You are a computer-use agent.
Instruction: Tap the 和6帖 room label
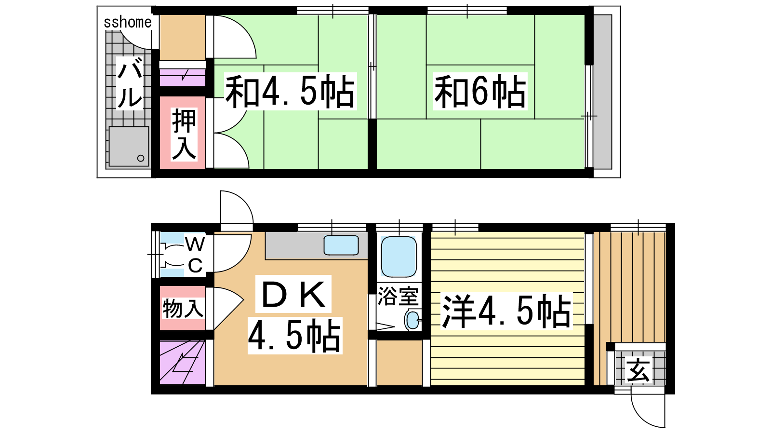480,91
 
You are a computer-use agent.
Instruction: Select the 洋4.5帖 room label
506,311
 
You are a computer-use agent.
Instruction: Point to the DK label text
293,294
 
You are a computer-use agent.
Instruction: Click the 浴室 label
398,296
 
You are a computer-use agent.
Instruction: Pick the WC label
195,255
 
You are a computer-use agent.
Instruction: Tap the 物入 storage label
183,308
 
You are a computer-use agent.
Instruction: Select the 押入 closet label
184,134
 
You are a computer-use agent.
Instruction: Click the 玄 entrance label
639,370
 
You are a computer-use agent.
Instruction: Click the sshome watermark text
128,22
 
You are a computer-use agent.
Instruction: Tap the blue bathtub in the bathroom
399,257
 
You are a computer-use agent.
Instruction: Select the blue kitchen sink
341,245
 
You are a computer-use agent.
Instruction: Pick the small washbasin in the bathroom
412,319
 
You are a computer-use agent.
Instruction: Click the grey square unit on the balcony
129,146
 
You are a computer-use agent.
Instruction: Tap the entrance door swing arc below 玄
648,410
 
